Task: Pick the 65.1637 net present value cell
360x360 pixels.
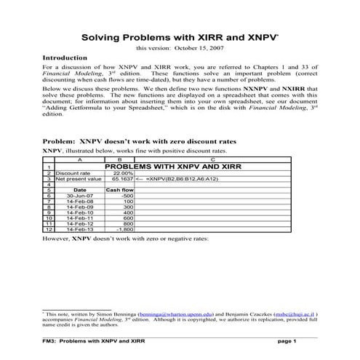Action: click(x=120, y=179)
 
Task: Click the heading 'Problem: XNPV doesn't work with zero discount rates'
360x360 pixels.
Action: click(x=137, y=141)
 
